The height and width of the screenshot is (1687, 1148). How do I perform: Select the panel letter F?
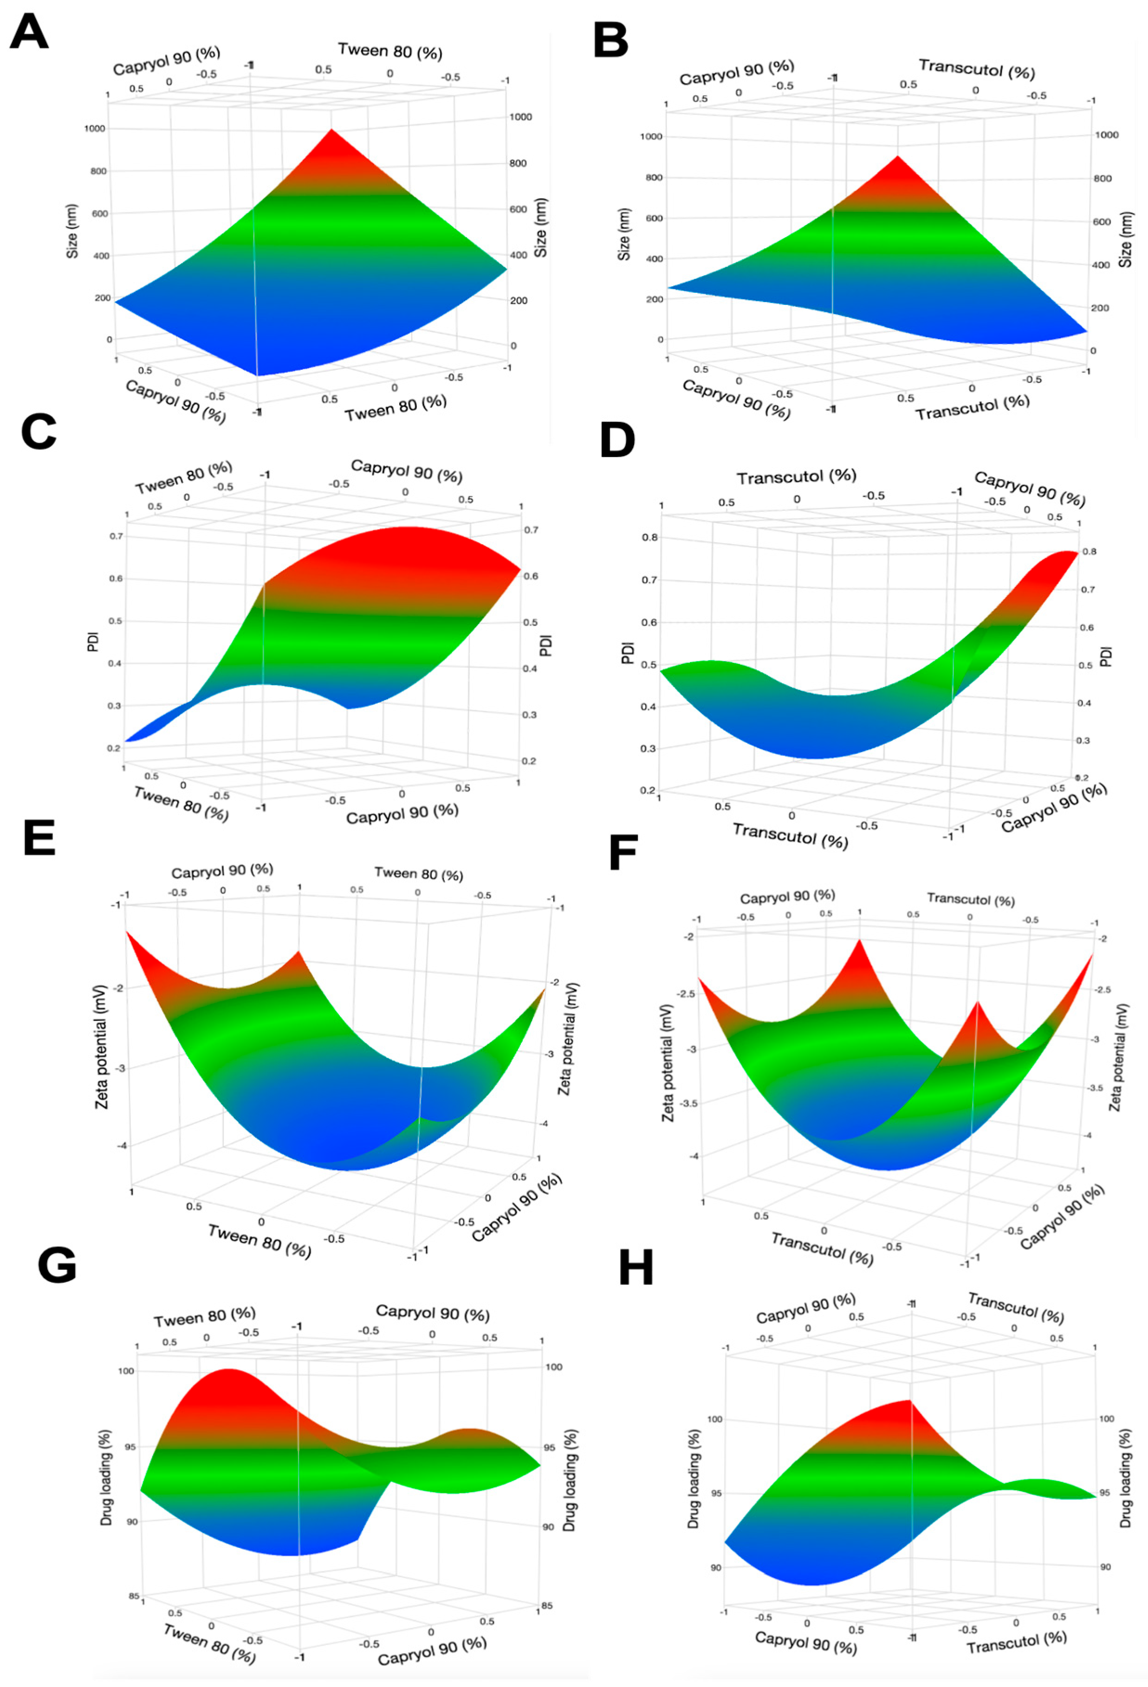(x=623, y=853)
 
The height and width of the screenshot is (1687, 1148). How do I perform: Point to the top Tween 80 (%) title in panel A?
(x=390, y=52)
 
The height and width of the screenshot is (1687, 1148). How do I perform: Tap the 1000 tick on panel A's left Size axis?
(x=95, y=129)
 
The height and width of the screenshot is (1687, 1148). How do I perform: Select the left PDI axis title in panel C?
(x=93, y=642)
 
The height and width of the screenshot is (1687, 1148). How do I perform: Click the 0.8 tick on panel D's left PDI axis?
(x=649, y=537)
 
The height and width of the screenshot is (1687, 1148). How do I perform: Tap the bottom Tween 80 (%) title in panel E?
(x=259, y=1241)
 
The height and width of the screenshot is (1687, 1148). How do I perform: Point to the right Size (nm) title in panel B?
(x=1125, y=239)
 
